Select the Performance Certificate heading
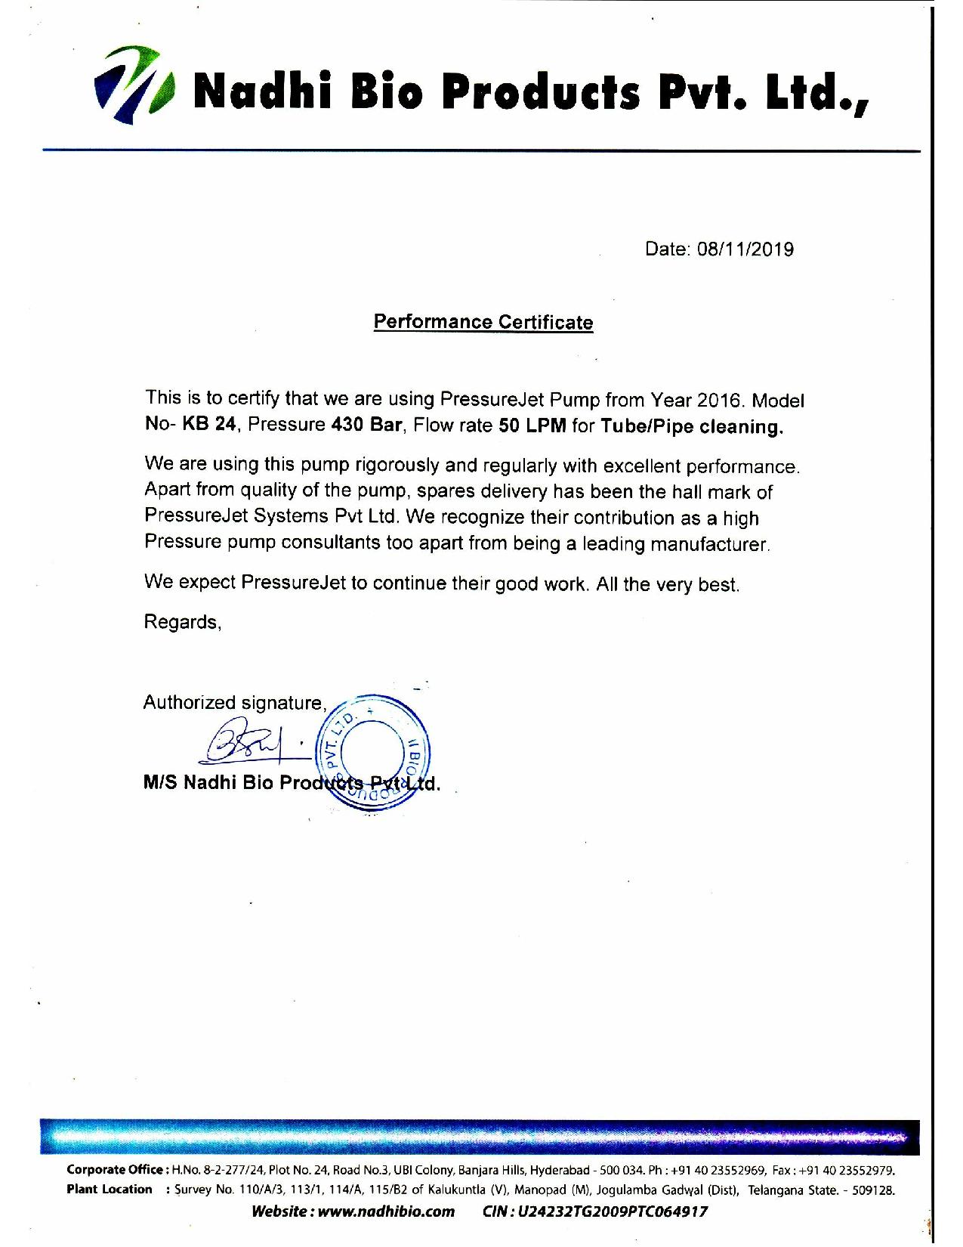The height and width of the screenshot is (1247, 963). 483,323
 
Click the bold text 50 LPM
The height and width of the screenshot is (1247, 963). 532,425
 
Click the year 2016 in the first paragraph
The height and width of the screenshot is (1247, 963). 721,400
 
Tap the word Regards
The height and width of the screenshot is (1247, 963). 182,622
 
